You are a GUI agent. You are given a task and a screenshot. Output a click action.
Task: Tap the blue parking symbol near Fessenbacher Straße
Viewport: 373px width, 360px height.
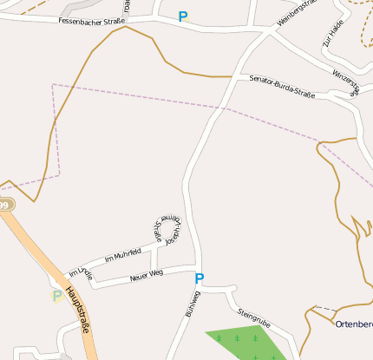[x=182, y=16]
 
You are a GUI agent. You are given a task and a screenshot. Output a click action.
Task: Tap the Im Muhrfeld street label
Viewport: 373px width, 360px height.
[x=121, y=255]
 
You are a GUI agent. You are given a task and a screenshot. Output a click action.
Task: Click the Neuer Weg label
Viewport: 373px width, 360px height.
[x=146, y=275]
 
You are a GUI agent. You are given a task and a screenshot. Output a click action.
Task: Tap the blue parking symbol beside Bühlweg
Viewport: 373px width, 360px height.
[x=199, y=278]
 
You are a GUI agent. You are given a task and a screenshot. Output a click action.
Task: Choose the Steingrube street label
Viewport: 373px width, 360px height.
[x=253, y=317]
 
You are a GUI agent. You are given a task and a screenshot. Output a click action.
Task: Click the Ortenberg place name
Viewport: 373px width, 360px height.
[x=354, y=324]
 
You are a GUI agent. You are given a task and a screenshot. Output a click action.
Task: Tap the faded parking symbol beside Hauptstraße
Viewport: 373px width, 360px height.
[x=57, y=295]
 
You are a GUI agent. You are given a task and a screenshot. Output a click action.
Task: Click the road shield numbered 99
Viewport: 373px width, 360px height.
[x=4, y=205]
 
